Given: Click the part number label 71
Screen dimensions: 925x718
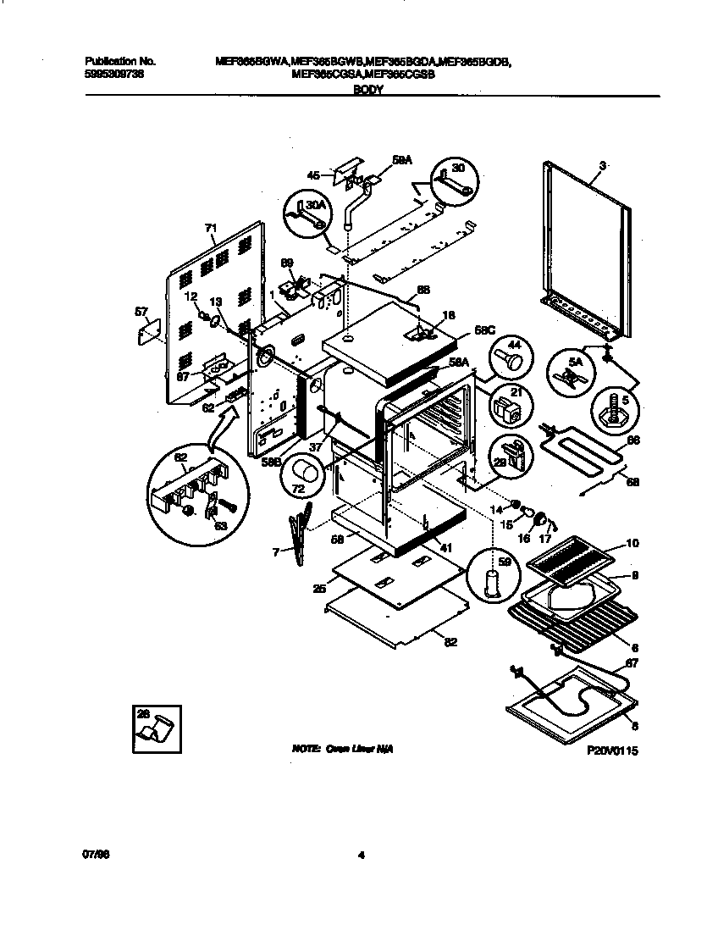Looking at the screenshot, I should click(211, 228).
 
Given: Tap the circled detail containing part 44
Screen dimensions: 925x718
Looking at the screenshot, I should click(510, 358).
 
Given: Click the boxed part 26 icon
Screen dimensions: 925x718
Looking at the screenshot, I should click(157, 728).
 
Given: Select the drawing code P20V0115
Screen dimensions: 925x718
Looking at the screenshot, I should click(611, 751).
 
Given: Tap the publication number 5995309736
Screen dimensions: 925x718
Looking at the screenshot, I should click(115, 74).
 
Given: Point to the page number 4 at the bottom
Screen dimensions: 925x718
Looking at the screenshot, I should click(361, 855).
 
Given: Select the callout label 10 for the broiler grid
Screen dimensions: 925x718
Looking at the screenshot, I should click(632, 543).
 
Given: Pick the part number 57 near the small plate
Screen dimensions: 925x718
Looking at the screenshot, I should click(141, 312).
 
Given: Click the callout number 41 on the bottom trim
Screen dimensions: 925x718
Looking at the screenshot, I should click(445, 548).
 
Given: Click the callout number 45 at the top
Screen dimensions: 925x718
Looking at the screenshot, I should click(313, 175).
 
